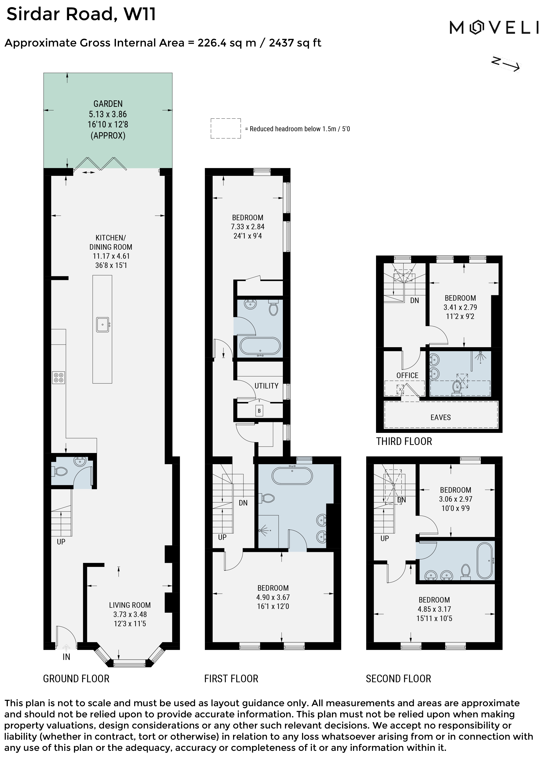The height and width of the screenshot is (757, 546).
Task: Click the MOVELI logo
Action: pyautogui.click(x=494, y=27)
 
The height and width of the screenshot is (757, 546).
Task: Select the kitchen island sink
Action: pyautogui.click(x=103, y=324)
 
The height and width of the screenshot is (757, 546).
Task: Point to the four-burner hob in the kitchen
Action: pyautogui.click(x=58, y=378)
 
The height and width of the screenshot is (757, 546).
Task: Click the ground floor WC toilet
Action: pyautogui.click(x=60, y=472)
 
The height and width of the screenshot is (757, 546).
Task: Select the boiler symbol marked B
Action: pyautogui.click(x=259, y=411)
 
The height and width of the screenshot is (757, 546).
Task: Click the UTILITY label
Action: pyautogui.click(x=266, y=386)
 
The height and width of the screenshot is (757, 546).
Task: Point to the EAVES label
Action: pyautogui.click(x=440, y=417)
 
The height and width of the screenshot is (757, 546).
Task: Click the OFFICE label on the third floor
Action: pyautogui.click(x=407, y=375)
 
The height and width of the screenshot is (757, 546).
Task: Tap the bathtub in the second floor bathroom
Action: pyautogui.click(x=485, y=561)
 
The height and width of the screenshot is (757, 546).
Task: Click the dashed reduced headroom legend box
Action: pyautogui.click(x=225, y=129)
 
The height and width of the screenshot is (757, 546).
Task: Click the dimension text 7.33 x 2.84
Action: pyautogui.click(x=248, y=227)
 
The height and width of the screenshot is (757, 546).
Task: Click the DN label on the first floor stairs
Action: pyautogui.click(x=243, y=503)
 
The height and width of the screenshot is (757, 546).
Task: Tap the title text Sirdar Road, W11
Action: pyautogui.click(x=81, y=14)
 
